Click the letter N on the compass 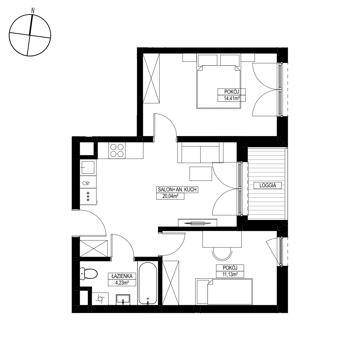(x=33, y=10)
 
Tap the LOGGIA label (x=267, y=186)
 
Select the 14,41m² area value (x=232, y=98)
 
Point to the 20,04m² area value (x=170, y=196)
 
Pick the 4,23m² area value (x=122, y=283)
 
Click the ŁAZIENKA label (x=122, y=276)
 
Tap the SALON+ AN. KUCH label (x=177, y=190)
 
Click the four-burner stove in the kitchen (x=117, y=150)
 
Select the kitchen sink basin (x=88, y=167)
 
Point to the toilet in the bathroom (x=89, y=274)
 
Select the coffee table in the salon (x=201, y=174)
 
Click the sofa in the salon (x=200, y=152)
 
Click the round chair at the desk (x=222, y=253)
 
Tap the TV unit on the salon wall (x=197, y=223)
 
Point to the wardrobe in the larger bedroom (x=151, y=78)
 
